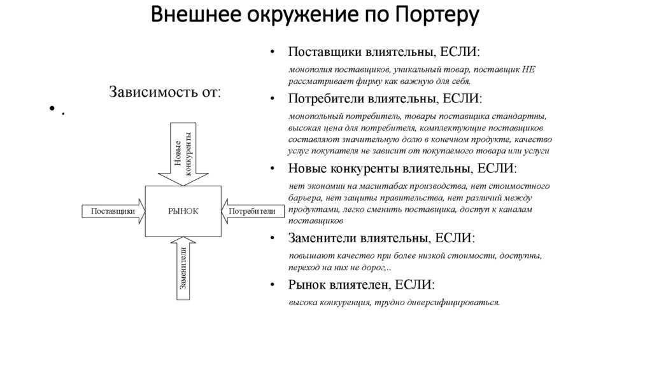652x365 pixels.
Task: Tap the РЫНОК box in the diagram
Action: (183, 211)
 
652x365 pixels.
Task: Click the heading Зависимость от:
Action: (166, 92)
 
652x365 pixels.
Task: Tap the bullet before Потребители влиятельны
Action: (273, 100)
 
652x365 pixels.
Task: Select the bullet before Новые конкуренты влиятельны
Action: (273, 170)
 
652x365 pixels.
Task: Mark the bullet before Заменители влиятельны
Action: (273, 239)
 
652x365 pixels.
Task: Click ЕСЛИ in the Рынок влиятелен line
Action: (415, 285)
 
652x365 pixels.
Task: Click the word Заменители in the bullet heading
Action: (323, 238)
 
